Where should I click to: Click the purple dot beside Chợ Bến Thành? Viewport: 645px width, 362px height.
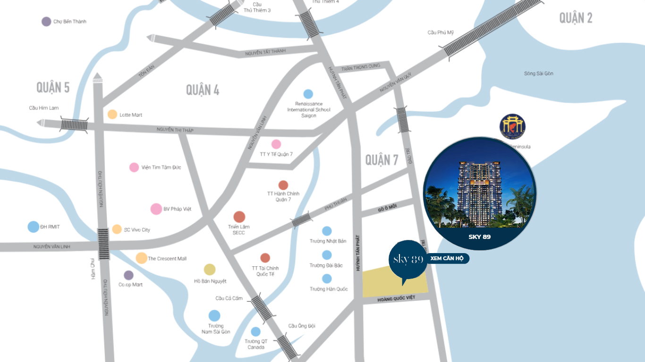click(46, 21)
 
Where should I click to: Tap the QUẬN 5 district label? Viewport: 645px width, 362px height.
click(53, 87)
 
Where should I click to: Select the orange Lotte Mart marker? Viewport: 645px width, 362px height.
click(112, 114)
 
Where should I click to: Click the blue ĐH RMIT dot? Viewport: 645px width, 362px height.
click(34, 227)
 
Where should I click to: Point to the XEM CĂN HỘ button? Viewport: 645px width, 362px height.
click(447, 258)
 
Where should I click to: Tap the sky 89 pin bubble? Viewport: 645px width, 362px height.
click(408, 259)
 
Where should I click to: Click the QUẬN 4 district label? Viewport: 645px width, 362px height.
click(203, 90)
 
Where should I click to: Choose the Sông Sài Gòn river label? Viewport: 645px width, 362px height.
click(538, 74)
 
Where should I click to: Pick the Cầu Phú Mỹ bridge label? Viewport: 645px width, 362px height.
click(440, 33)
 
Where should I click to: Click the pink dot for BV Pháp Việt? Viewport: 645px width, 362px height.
click(156, 209)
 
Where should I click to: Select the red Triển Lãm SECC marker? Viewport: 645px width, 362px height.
click(239, 217)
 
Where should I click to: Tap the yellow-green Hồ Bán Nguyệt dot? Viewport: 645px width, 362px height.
click(210, 270)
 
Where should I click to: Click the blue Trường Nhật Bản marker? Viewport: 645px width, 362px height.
click(327, 231)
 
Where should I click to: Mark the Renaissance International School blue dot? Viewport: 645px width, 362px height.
click(308, 94)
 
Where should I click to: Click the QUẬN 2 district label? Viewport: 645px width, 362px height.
click(576, 18)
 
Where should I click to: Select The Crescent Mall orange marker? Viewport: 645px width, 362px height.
click(141, 258)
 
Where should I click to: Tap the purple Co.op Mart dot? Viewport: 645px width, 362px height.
click(128, 275)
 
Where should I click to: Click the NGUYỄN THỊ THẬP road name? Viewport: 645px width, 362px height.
click(175, 130)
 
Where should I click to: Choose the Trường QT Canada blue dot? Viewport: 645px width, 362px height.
click(255, 332)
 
